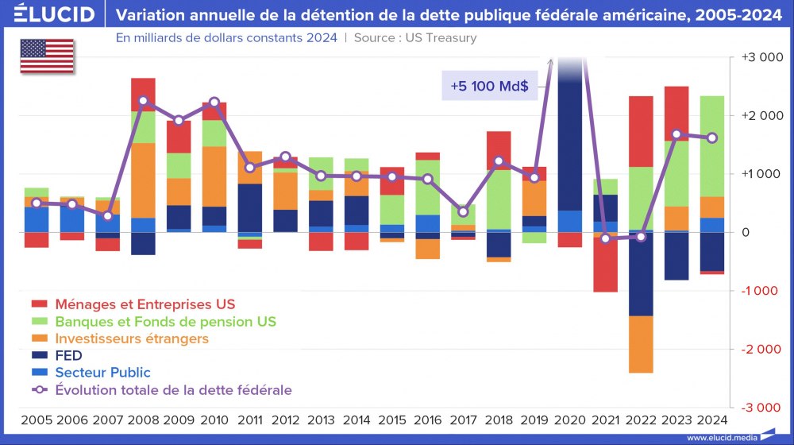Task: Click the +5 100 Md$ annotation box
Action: (489, 85)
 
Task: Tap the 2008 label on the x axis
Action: (143, 419)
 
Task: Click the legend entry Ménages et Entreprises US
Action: (145, 304)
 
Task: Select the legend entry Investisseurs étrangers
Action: (131, 339)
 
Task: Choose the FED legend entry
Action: (68, 356)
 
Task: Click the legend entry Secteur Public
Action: (102, 373)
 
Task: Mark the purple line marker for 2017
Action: (463, 211)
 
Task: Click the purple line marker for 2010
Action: (214, 103)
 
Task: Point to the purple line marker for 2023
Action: (676, 134)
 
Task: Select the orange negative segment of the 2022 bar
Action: (641, 344)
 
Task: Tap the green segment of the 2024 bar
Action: (711, 145)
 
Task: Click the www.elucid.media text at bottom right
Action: (720, 438)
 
